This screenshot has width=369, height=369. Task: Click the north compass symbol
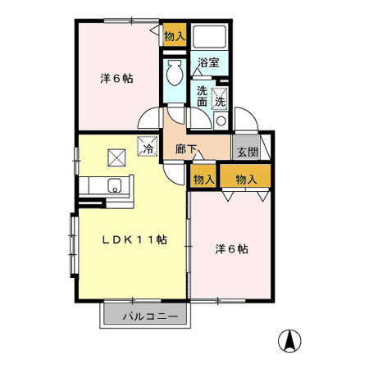click(289, 341)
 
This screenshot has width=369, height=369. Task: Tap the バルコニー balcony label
click(150, 317)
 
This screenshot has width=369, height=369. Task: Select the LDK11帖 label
click(134, 239)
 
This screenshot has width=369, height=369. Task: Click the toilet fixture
click(175, 72)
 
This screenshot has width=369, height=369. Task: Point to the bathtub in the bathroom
click(209, 37)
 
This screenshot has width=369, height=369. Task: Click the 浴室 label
click(208, 62)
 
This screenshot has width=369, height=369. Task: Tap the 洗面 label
click(203, 96)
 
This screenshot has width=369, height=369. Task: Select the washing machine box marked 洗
click(220, 98)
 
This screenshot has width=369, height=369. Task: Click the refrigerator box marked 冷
click(148, 146)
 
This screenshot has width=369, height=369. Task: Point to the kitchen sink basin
click(115, 185)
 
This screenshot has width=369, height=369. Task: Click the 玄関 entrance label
click(248, 152)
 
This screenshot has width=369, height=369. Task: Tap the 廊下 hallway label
click(186, 149)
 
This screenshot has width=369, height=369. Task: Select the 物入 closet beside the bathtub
click(175, 36)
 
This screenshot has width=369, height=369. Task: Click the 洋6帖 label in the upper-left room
click(116, 79)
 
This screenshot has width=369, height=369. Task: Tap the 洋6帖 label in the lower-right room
click(231, 249)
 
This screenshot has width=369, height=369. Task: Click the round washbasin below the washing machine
click(221, 121)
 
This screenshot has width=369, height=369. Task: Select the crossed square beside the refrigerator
click(116, 157)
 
